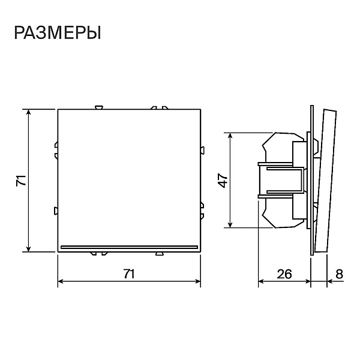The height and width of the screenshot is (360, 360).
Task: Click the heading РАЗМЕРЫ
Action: coord(58,33)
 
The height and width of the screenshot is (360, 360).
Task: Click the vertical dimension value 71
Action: coord(21,181)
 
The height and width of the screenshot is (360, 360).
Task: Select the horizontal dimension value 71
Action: coord(129,274)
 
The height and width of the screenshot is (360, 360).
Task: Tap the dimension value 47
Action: coord(223,181)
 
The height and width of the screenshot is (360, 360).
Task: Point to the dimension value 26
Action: coord(284,274)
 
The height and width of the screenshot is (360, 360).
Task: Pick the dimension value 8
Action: coord(339,274)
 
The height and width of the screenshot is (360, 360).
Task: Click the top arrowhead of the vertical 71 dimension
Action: coord(28,112)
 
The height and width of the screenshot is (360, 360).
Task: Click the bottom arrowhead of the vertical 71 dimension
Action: coord(28,248)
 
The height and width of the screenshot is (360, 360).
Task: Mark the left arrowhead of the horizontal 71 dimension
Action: coord(61,281)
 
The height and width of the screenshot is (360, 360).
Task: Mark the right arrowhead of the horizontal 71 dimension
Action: coord(197,281)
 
